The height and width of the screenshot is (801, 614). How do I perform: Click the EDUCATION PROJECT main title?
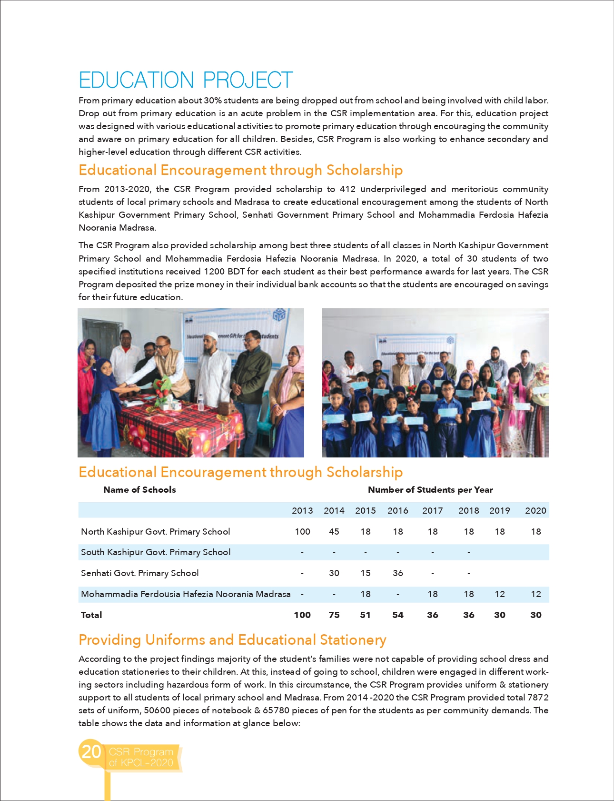(x=186, y=80)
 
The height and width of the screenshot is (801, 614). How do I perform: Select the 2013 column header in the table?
(x=302, y=510)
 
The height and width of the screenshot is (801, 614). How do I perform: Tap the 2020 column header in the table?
(x=535, y=510)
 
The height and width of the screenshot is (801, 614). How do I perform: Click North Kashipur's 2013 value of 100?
(x=302, y=531)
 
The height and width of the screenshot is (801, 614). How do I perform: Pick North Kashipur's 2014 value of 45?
(x=334, y=531)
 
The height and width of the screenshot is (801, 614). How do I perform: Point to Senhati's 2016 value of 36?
(x=398, y=573)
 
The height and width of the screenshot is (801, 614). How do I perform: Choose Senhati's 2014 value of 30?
(x=334, y=573)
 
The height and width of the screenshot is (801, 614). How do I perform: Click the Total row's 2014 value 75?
(x=334, y=615)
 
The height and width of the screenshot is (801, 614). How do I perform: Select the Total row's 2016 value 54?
(x=398, y=615)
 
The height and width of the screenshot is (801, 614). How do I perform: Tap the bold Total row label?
(x=91, y=615)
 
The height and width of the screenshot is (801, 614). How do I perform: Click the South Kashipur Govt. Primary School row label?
(x=156, y=552)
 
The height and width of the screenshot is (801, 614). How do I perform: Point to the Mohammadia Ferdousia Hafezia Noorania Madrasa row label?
(x=186, y=594)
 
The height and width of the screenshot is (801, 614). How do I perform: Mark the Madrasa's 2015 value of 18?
(x=366, y=594)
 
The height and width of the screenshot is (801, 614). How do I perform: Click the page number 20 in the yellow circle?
(x=91, y=751)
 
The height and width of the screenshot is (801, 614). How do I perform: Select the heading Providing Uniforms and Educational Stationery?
(x=232, y=639)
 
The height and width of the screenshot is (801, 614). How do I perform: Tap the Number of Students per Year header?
(x=430, y=489)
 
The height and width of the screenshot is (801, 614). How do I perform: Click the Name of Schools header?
(x=139, y=489)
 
